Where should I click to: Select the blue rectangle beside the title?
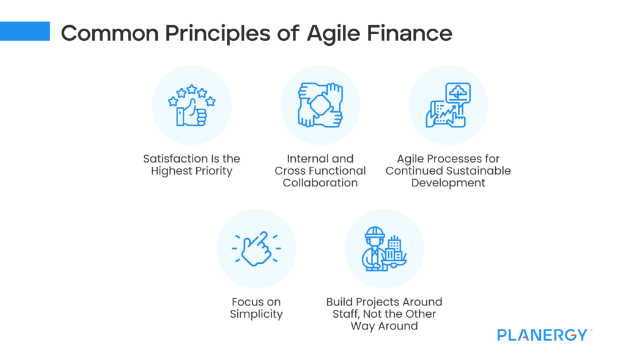[25, 31]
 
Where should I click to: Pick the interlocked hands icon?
[320, 105]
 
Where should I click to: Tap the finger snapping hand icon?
[256, 248]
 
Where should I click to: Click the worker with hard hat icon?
[384, 249]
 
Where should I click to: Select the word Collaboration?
[320, 183]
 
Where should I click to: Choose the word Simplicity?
[256, 314]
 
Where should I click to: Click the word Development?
[447, 183]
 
